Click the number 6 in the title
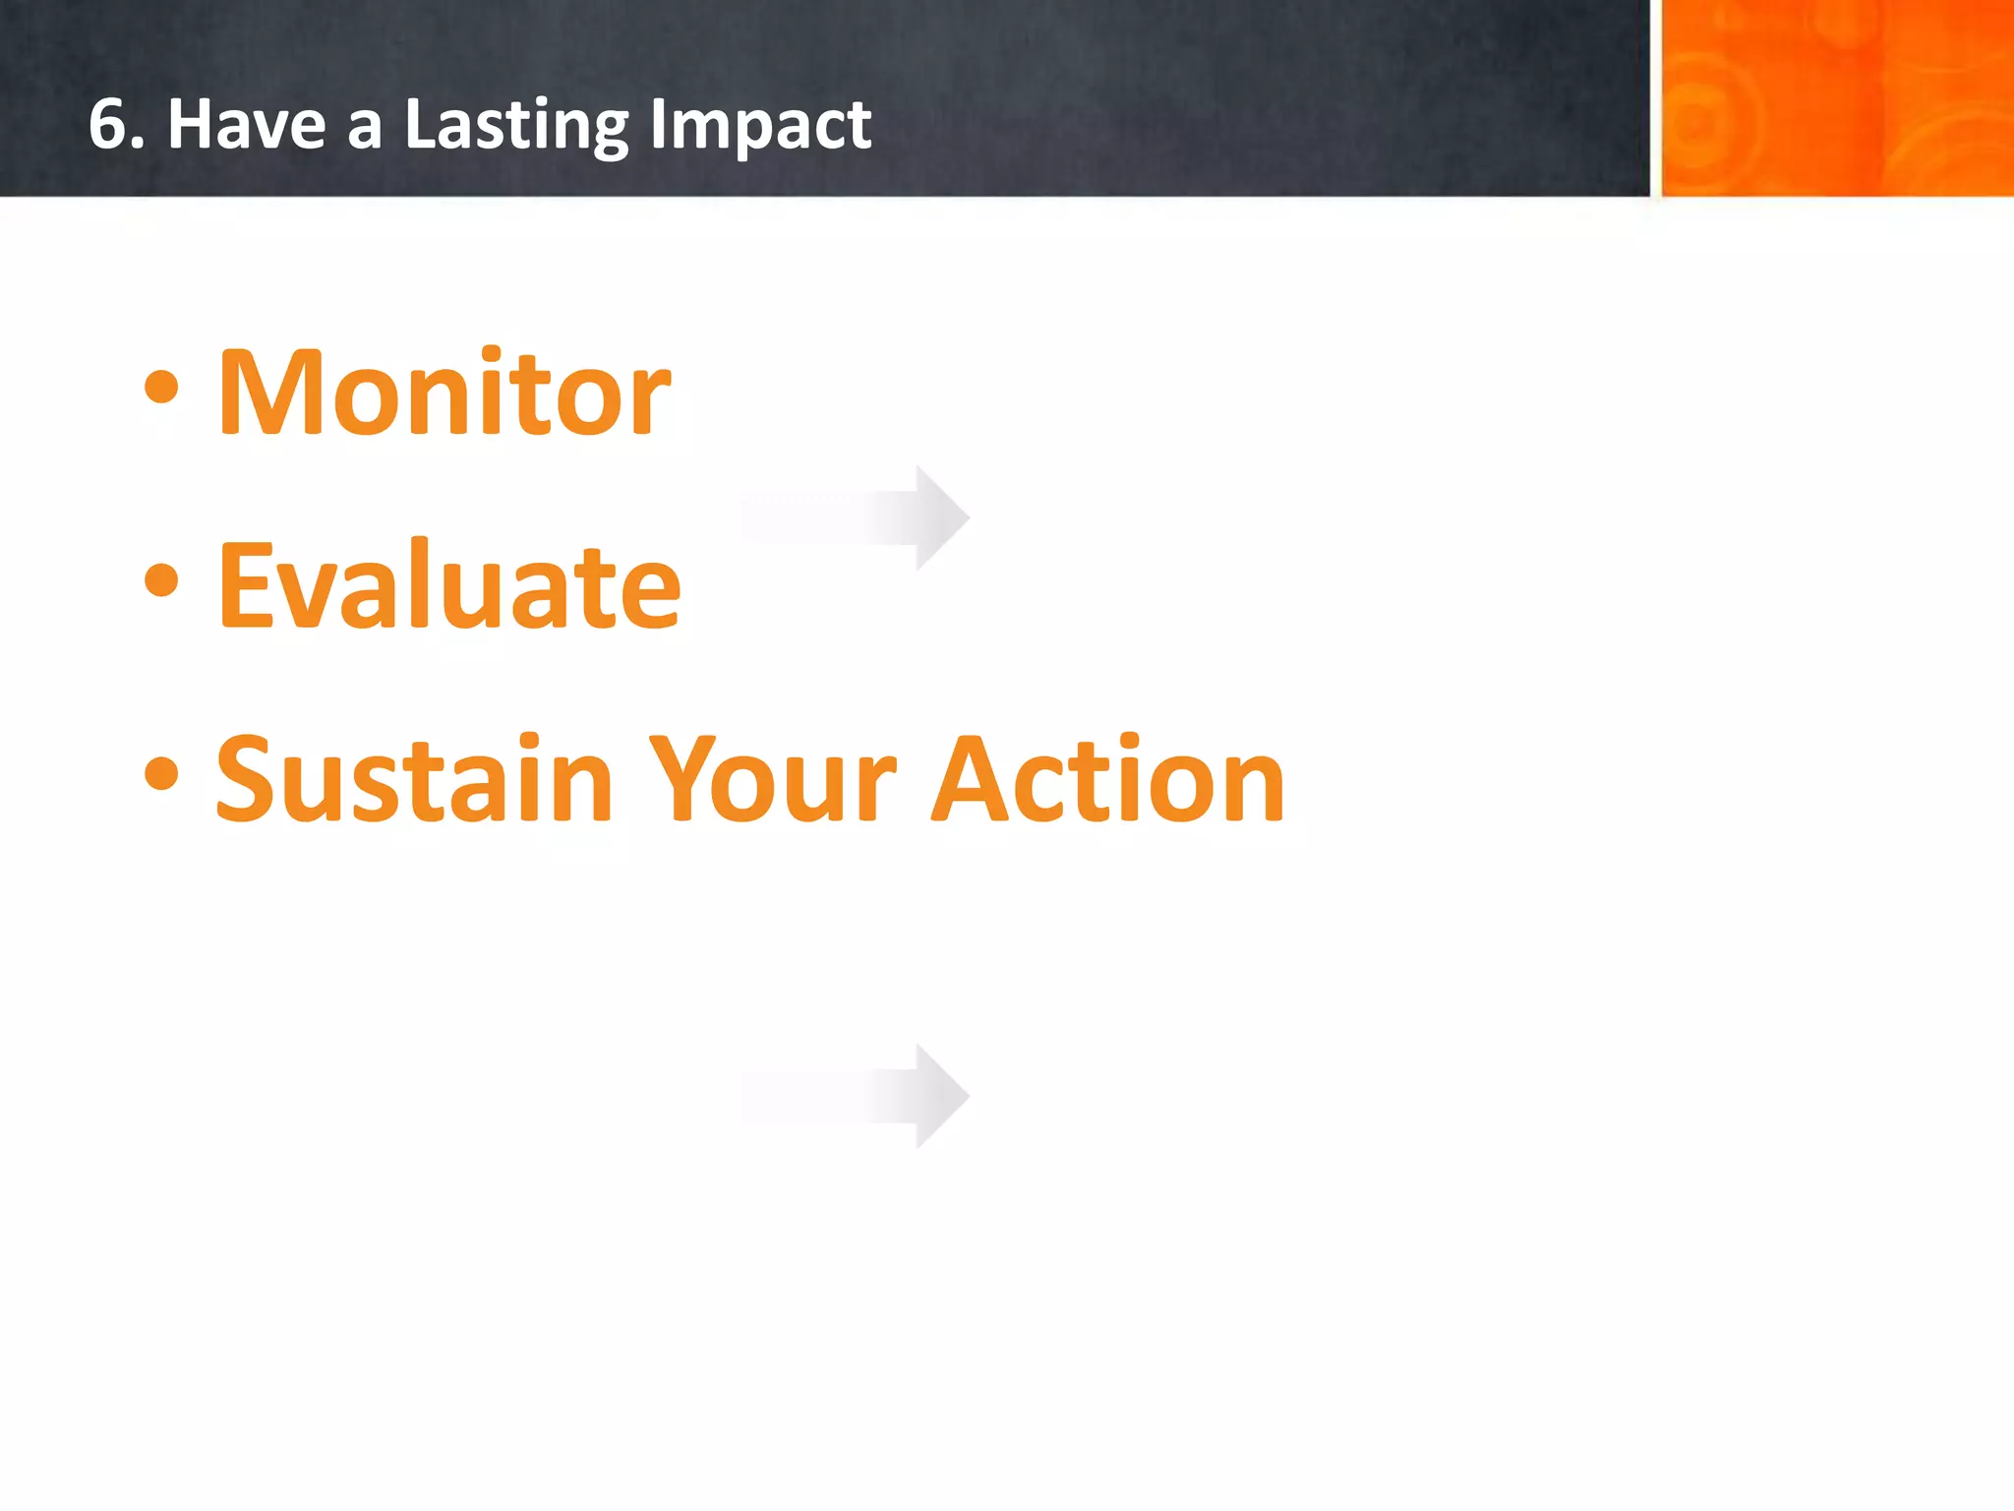[109, 125]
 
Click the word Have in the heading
[246, 125]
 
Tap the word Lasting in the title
[516, 125]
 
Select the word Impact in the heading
[759, 125]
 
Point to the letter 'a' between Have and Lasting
[365, 130]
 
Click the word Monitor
[444, 393]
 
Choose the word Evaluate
[448, 585]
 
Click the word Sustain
[414, 779]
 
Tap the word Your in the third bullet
[773, 779]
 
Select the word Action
[1107, 779]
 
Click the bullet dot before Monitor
[161, 388]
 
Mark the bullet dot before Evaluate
[161, 580]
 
